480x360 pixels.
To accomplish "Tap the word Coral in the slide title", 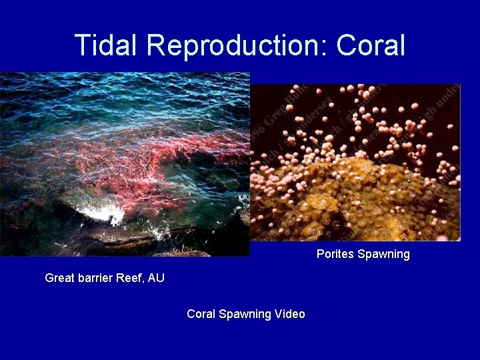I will [x=371, y=45].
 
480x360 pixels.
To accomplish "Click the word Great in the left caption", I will [x=59, y=278].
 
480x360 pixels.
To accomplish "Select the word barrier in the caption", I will [x=96, y=278].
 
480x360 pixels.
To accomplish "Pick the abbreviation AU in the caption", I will [x=156, y=278].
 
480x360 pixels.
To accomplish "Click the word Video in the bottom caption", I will [x=289, y=314].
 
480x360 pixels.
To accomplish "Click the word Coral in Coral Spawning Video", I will [x=201, y=314].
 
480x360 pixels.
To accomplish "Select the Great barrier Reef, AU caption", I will [x=105, y=278].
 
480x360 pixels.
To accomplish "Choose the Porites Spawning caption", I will [x=363, y=254].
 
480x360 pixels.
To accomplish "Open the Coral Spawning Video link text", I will [x=245, y=314].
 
